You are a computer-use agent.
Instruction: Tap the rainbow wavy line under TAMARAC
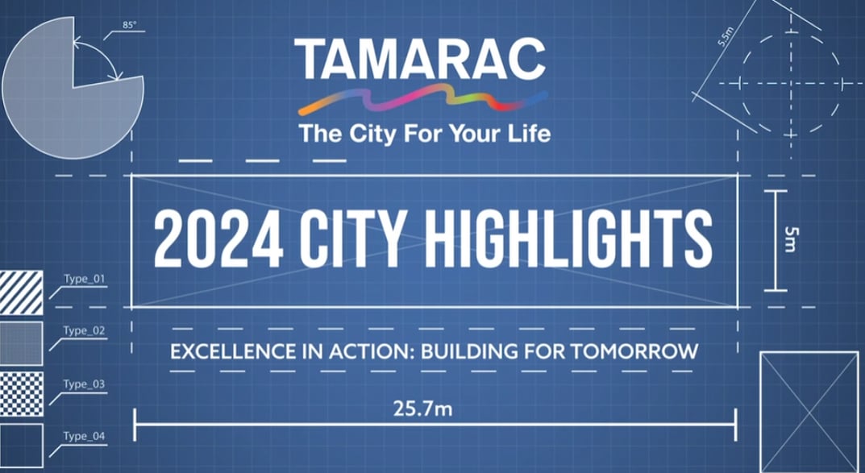point(422,100)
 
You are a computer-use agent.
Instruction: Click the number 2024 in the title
point(209,240)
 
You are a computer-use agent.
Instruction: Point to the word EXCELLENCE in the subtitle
point(227,351)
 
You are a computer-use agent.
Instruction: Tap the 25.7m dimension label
point(422,409)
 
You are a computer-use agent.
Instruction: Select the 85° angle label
point(130,26)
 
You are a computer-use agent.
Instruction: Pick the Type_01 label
point(84,280)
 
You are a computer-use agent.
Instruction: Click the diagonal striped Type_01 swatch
point(21,292)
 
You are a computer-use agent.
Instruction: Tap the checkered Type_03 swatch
point(21,394)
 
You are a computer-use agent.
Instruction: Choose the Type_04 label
point(84,436)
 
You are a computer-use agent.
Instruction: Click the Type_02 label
point(84,330)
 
